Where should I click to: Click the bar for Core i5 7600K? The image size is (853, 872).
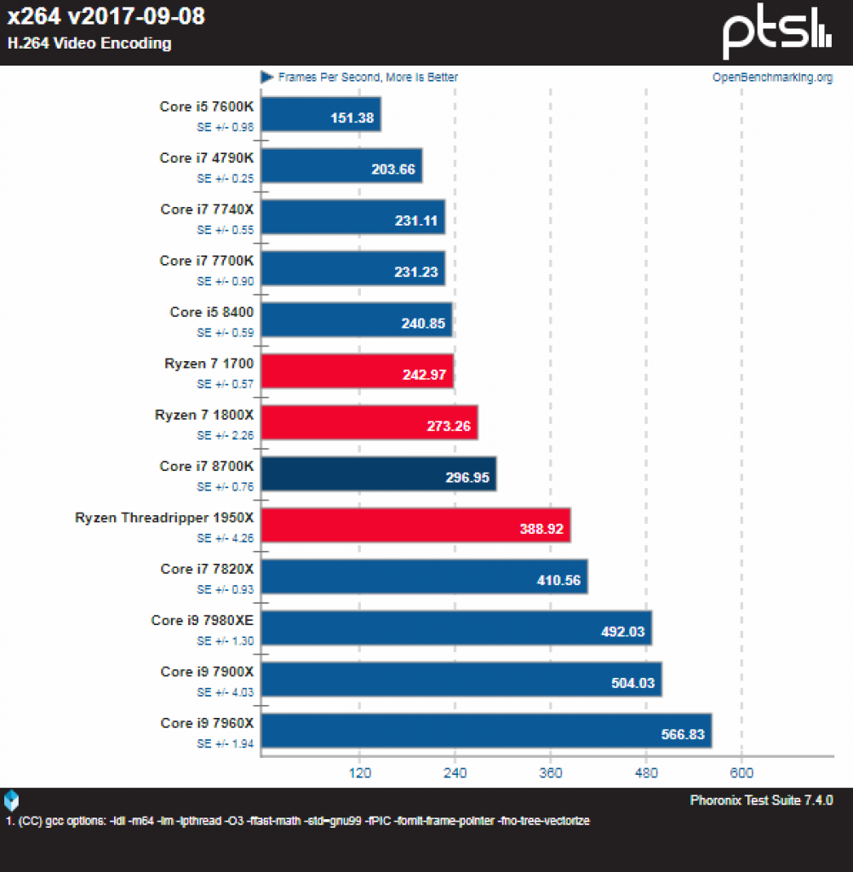click(322, 115)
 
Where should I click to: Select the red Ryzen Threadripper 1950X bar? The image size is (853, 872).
click(416, 525)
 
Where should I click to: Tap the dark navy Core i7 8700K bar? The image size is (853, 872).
click(379, 474)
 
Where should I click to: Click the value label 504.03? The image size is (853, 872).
click(633, 683)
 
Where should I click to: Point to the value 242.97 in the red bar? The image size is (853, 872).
click(424, 375)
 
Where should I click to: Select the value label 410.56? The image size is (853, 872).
click(558, 581)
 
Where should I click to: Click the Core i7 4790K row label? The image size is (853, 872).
click(206, 158)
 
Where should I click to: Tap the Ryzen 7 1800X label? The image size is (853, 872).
click(204, 415)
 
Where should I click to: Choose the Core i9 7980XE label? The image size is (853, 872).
click(203, 620)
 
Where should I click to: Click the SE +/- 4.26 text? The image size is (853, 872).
click(226, 538)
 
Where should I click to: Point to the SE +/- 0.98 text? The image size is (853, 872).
click(226, 128)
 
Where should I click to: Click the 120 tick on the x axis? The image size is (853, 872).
click(360, 772)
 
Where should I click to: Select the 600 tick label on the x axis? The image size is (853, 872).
click(741, 772)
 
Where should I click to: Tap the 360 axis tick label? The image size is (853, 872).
click(551, 772)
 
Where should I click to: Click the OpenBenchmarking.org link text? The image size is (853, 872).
click(772, 77)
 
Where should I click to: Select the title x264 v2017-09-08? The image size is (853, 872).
click(106, 16)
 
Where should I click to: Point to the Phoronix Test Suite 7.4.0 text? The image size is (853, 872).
click(761, 800)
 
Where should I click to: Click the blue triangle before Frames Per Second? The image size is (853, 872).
click(267, 77)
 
